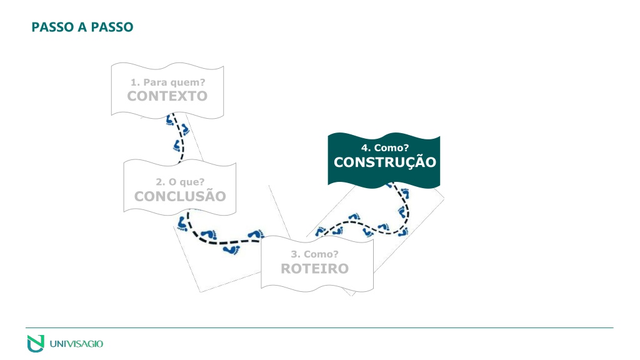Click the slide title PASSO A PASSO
click(82, 27)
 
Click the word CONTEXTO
click(167, 96)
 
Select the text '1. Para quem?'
click(167, 82)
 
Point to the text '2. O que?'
click(180, 182)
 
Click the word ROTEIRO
click(315, 269)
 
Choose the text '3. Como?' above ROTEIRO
click(315, 254)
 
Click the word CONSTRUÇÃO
click(385, 161)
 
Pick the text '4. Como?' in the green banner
click(385, 147)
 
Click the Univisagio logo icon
click(36, 343)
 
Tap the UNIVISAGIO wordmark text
click(76, 344)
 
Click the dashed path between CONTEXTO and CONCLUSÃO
click(179, 138)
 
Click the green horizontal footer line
click(319, 327)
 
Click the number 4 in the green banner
click(364, 147)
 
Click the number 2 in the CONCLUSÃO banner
click(159, 182)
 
